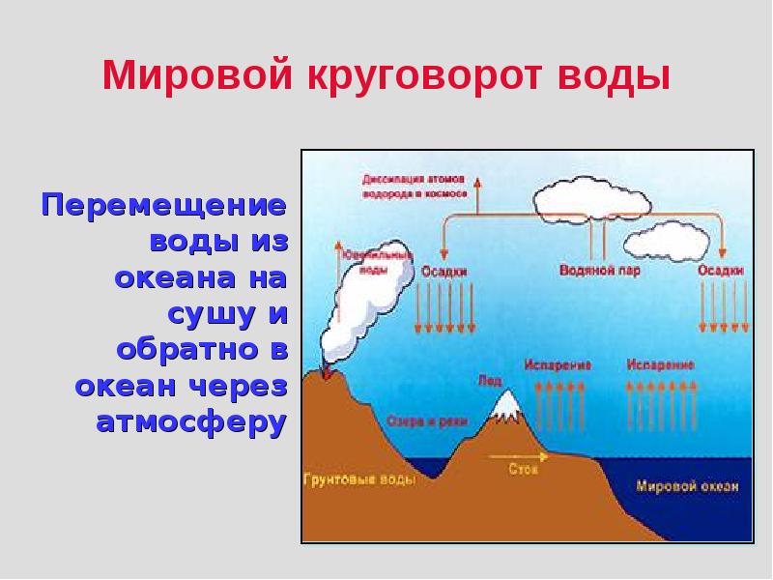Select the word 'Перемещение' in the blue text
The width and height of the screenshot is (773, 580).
click(x=164, y=206)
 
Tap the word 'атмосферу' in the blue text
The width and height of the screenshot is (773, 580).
click(x=192, y=422)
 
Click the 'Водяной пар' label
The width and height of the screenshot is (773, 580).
click(x=599, y=271)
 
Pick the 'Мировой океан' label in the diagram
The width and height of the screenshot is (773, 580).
click(x=687, y=486)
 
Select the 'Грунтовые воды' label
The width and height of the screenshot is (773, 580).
click(x=359, y=479)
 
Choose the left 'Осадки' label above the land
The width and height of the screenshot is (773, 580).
click(x=444, y=272)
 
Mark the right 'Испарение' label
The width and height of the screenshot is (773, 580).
click(x=660, y=364)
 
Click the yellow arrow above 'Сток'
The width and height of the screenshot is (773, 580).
click(x=517, y=454)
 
